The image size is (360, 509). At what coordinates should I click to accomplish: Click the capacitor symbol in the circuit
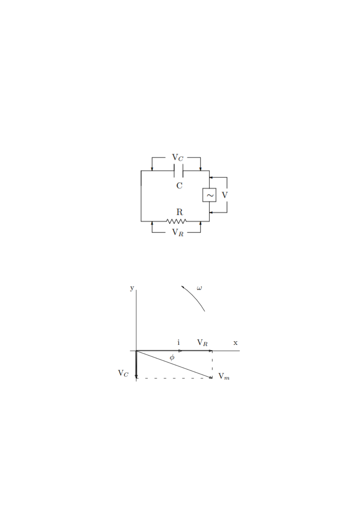click(x=178, y=171)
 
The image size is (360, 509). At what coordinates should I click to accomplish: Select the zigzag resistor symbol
click(x=176, y=221)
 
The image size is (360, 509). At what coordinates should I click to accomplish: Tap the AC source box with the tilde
click(x=209, y=195)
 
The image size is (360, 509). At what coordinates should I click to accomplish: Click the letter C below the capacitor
click(x=179, y=186)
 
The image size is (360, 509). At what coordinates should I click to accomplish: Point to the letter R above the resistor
click(x=179, y=212)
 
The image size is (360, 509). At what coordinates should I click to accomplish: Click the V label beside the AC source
click(x=225, y=195)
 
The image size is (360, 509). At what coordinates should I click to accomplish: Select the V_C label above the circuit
click(x=177, y=157)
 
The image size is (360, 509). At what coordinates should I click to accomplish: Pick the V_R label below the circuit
click(x=178, y=232)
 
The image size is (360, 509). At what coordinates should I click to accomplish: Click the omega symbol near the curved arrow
click(x=199, y=288)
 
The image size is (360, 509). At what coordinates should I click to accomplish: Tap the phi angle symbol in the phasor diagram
click(x=172, y=357)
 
